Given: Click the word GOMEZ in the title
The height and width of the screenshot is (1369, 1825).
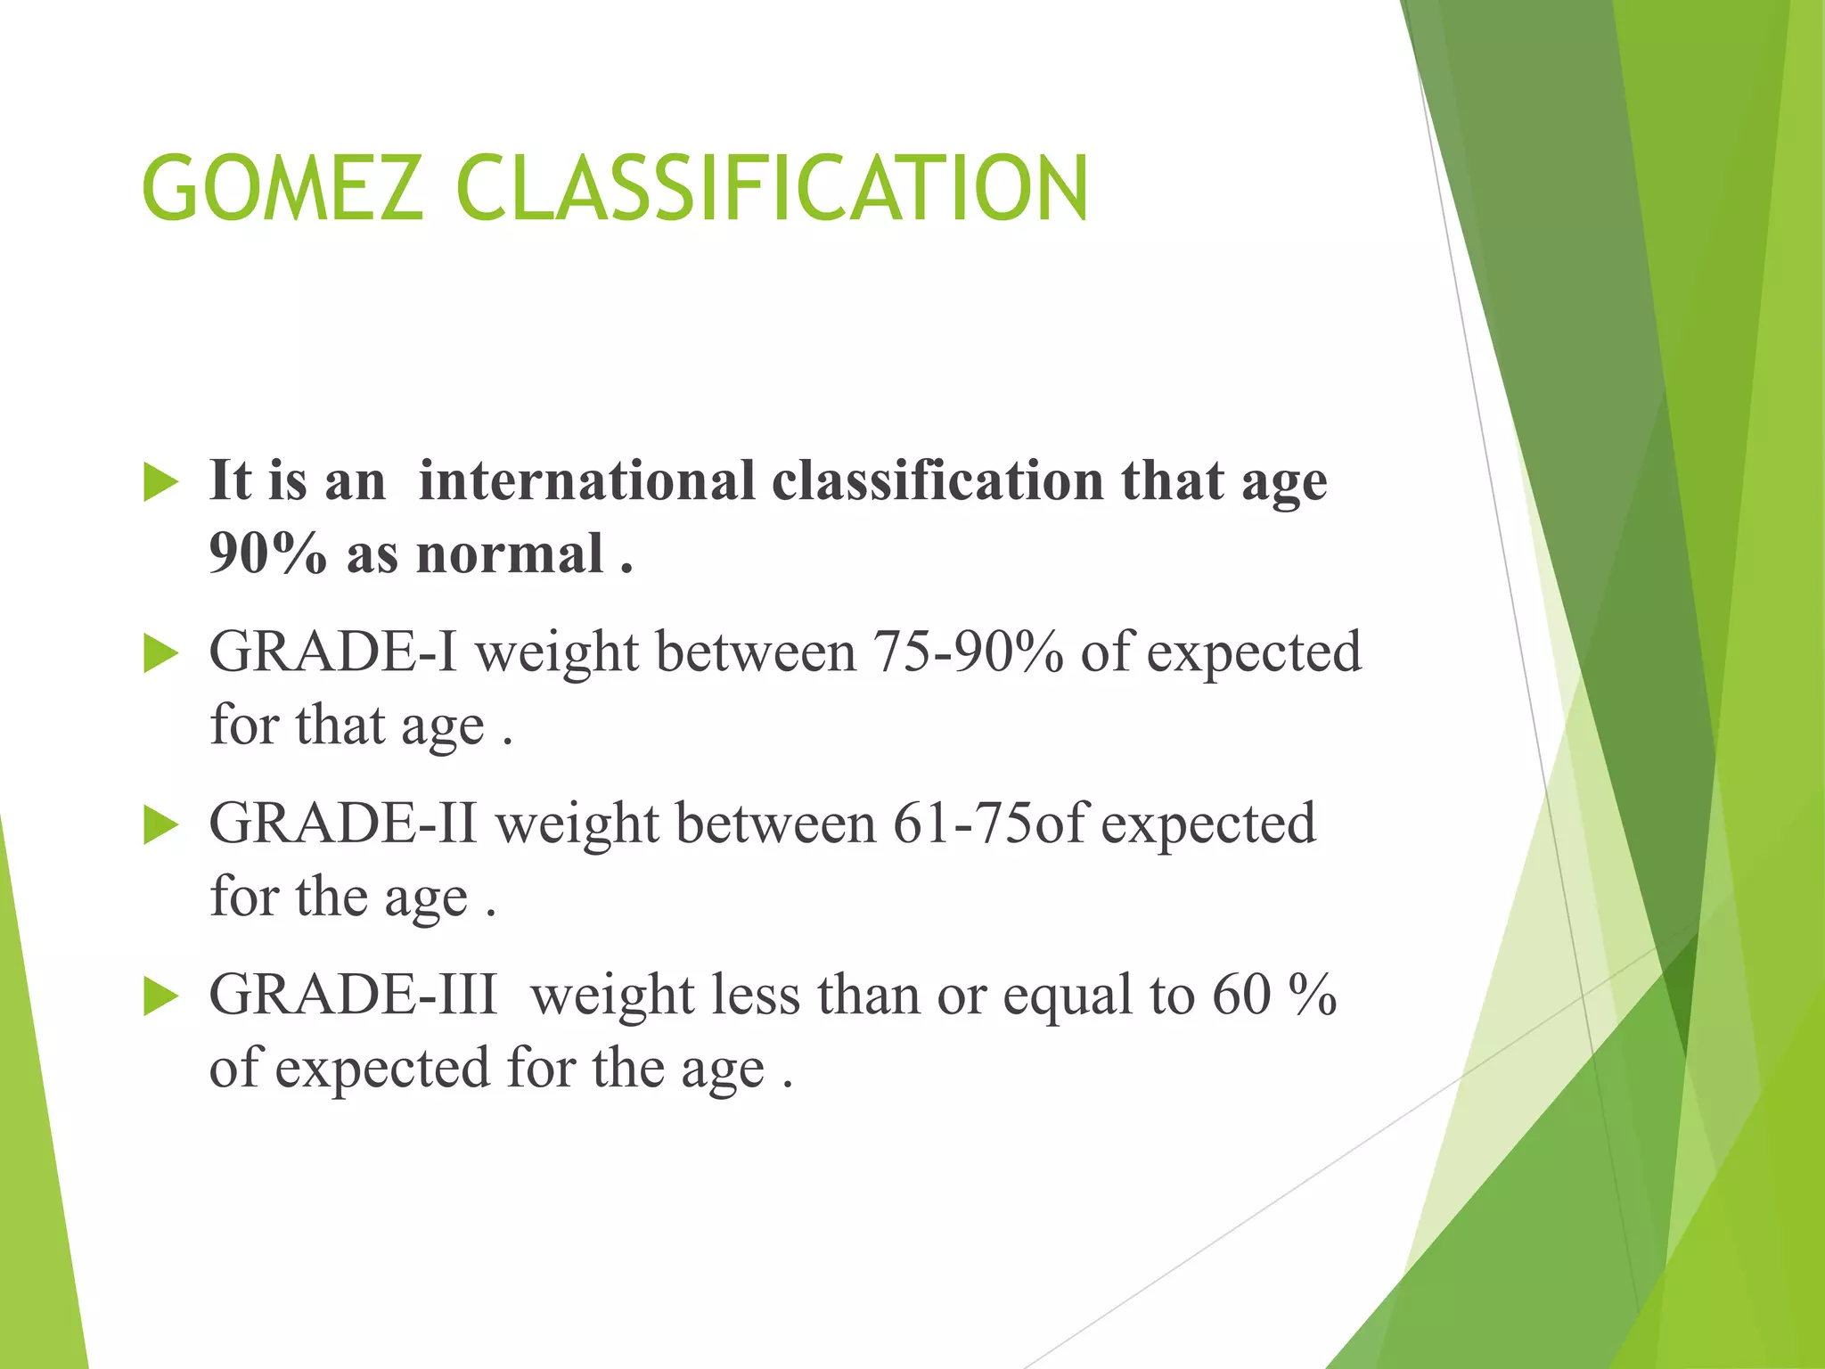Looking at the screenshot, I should coord(282,189).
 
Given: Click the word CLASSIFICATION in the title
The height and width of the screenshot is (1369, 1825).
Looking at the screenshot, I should coord(771,189).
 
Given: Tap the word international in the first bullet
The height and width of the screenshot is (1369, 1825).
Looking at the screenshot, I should coord(586,481).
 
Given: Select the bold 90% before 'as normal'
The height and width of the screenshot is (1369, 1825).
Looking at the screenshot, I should coord(267,554).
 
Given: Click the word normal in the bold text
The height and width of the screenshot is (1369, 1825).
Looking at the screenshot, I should coord(510,554).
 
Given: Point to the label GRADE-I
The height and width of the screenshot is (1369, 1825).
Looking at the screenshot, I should coord(332,652).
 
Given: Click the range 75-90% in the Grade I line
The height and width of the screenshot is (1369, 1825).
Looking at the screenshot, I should coord(967,652).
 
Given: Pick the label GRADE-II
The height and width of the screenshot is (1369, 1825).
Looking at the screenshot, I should coord(343,824).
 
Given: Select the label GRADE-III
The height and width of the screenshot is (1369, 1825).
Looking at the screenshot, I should coord(353,995).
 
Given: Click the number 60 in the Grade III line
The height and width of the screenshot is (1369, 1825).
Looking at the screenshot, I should coord(1240,995).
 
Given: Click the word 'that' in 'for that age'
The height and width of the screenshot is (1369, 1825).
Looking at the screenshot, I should coord(340,725).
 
